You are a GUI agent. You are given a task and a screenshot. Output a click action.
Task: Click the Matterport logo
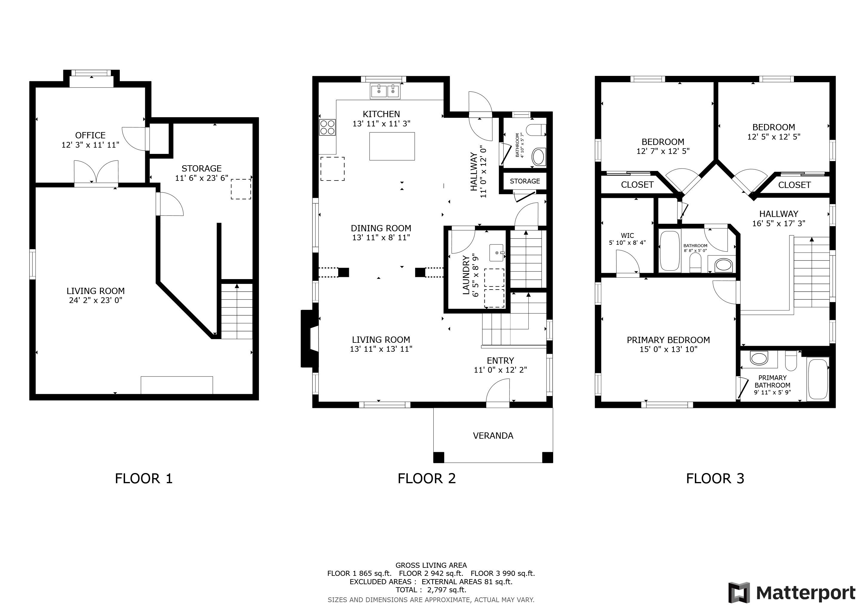[x=792, y=593]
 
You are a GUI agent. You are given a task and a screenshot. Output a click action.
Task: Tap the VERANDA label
[x=493, y=436]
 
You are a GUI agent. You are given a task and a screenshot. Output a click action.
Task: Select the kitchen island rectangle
[x=392, y=146]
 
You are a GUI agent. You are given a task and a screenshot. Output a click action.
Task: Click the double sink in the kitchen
[x=385, y=91]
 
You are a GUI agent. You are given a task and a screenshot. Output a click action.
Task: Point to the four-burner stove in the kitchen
[x=327, y=127]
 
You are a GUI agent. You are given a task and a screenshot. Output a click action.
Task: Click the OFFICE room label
[x=91, y=135]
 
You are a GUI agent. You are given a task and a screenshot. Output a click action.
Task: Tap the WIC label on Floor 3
[x=627, y=235]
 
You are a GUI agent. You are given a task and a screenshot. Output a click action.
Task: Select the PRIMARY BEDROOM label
[x=668, y=340]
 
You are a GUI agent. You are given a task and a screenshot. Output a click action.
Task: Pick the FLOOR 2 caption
[x=427, y=479]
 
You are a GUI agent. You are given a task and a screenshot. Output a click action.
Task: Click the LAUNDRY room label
[x=466, y=275]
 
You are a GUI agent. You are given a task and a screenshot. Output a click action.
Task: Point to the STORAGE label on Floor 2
[x=525, y=181]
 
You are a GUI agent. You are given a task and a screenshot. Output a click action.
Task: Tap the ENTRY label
[x=500, y=361]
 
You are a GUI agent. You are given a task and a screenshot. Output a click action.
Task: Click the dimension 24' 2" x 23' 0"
[x=96, y=300]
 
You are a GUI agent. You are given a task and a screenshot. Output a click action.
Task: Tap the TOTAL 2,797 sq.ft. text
[x=431, y=590]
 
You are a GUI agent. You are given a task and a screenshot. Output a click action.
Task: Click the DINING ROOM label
[x=381, y=228]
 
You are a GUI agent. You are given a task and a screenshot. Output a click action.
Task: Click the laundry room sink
[x=496, y=253]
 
